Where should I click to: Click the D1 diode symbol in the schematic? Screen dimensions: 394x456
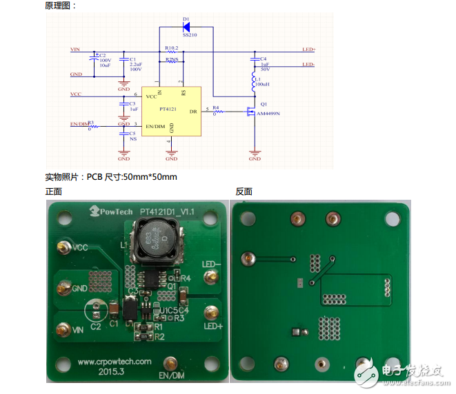tap(186, 28)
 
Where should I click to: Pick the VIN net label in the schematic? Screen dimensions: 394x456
tap(75, 50)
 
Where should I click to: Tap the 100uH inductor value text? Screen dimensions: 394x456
tap(263, 84)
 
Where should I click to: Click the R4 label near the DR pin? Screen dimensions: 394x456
tap(216, 107)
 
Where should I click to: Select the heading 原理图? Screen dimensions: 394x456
tap(61, 6)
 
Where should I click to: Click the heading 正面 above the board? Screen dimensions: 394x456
tap(54, 191)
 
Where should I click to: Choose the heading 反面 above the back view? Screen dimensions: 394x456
tap(244, 191)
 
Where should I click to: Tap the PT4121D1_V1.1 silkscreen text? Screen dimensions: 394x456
tap(168, 211)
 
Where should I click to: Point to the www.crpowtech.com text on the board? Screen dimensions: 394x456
tap(114, 361)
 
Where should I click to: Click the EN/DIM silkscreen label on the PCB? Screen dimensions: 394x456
tap(172, 375)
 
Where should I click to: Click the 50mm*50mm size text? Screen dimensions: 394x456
tap(149, 177)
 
